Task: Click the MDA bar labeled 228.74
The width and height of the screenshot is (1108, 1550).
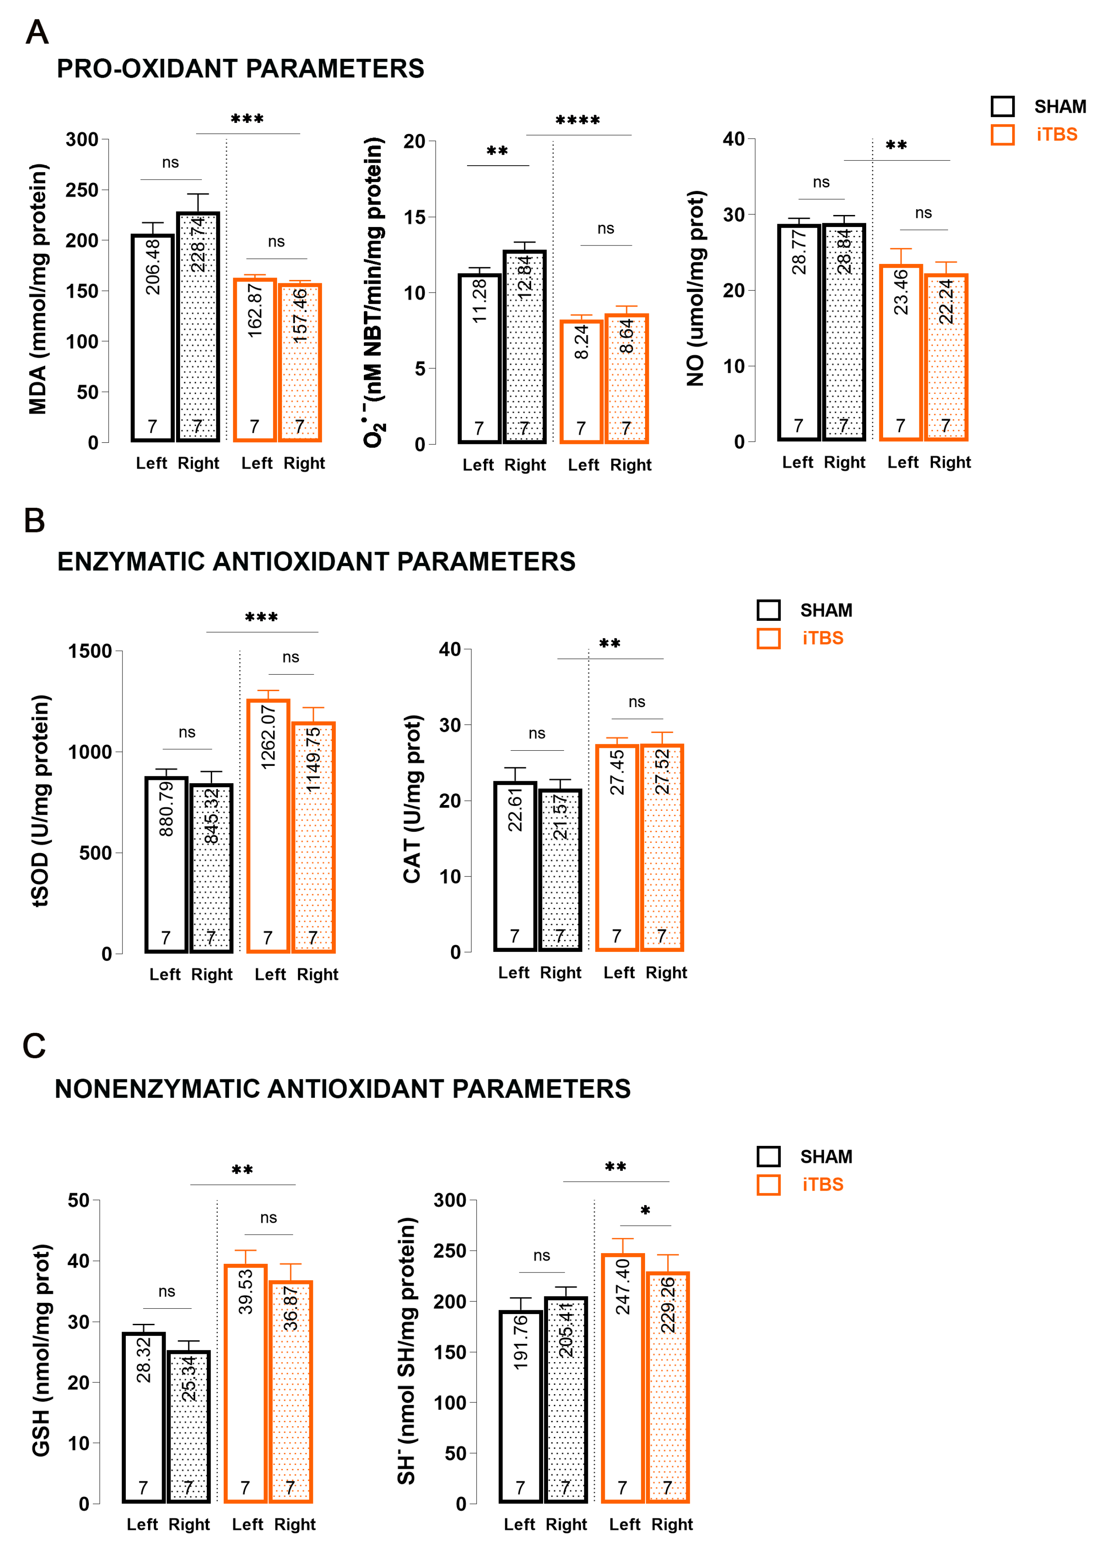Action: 198,327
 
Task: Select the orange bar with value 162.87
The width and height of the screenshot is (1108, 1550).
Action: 254,360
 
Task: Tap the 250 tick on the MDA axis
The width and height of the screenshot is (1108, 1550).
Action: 82,190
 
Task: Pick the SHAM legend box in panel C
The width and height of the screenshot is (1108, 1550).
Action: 768,1157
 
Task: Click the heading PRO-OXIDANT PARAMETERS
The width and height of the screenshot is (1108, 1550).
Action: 240,69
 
